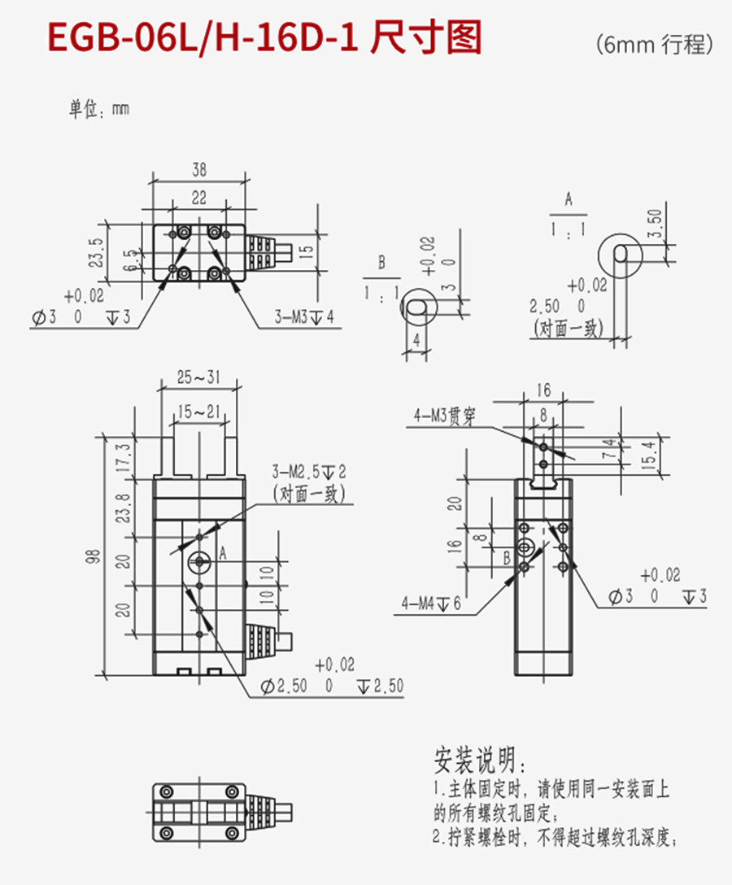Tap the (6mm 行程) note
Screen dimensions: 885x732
pyautogui.click(x=654, y=44)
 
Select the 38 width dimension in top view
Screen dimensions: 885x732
pyautogui.click(x=198, y=170)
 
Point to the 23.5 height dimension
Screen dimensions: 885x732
pyautogui.click(x=97, y=253)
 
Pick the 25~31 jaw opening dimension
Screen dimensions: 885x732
pyautogui.click(x=198, y=377)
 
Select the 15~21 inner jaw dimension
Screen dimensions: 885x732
pyautogui.click(x=198, y=412)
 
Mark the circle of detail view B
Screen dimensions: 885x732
pyautogui.click(x=419, y=307)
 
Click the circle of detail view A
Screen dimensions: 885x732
pyautogui.click(x=619, y=253)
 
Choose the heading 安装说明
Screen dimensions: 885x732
pyautogui.click(x=480, y=760)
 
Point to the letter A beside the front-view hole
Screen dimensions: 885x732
pyautogui.click(x=221, y=554)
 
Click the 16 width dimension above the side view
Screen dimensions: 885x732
pyautogui.click(x=543, y=390)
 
